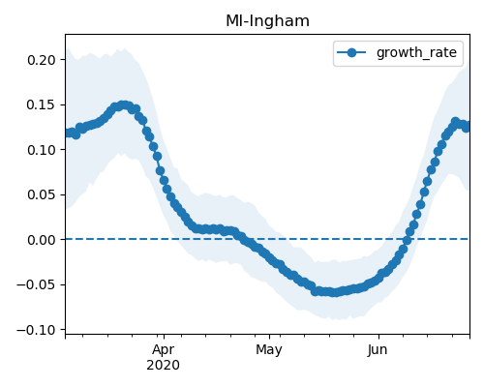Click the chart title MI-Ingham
(x=267, y=21)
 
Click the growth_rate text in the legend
(x=416, y=52)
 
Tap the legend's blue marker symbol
(x=351, y=52)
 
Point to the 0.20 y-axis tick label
(x=42, y=60)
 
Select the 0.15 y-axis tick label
(x=42, y=105)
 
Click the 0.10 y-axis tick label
(x=42, y=150)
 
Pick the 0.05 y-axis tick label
(x=42, y=195)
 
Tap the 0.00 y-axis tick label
(x=42, y=240)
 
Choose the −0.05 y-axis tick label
(x=37, y=285)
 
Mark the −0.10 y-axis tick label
(x=37, y=330)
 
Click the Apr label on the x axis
(x=164, y=350)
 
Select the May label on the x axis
(x=269, y=350)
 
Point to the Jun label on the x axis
(x=378, y=350)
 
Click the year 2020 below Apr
(x=164, y=366)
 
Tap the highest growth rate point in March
(x=123, y=105)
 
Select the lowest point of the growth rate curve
(x=336, y=292)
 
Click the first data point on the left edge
(x=68, y=133)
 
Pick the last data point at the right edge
(x=467, y=128)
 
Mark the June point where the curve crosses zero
(x=407, y=240)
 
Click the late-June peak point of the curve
(x=455, y=122)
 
